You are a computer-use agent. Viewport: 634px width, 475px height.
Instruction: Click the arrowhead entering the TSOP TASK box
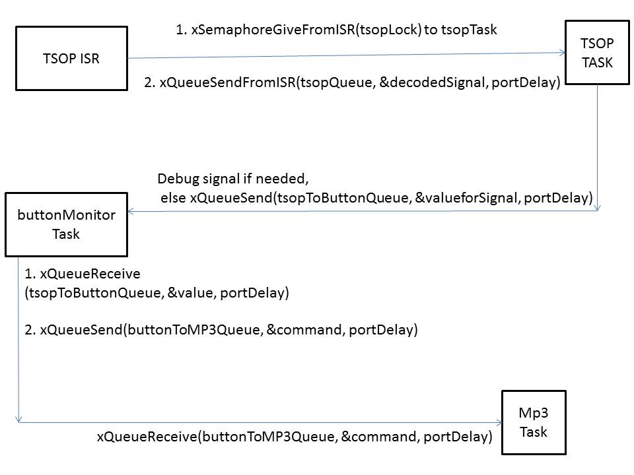tap(562, 53)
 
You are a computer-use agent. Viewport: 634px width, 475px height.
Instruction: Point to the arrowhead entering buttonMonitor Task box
tap(131, 211)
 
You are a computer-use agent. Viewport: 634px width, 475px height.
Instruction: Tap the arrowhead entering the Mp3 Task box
tap(499, 422)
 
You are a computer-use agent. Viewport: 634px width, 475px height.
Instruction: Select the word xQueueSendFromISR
tap(228, 82)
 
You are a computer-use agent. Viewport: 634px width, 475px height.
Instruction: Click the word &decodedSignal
tap(433, 82)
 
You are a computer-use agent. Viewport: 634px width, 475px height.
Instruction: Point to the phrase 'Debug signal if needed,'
tap(233, 179)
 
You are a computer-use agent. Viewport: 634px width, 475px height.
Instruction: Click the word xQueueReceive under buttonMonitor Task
tap(90, 274)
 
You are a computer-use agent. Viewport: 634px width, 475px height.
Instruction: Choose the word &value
tap(190, 293)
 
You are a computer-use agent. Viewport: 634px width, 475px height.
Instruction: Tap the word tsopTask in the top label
tap(469, 30)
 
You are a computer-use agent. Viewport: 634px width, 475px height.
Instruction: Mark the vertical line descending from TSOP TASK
tap(598, 147)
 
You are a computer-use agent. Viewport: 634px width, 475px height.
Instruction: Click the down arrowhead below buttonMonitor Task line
tap(18, 419)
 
